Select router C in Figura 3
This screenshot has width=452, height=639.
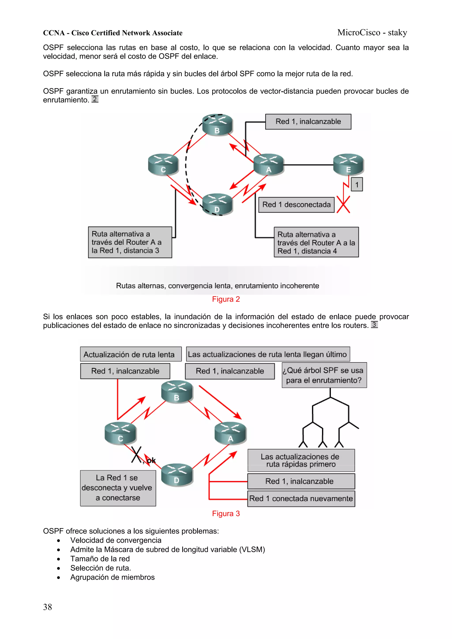pos(120,433)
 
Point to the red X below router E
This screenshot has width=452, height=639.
pos(343,204)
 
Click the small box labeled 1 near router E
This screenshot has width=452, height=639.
pos(357,185)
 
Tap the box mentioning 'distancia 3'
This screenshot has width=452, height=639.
pos(130,242)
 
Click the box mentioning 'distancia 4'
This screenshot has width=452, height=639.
pos(316,242)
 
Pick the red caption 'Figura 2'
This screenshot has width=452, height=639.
pos(226,299)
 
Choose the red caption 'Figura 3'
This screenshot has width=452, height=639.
pos(226,513)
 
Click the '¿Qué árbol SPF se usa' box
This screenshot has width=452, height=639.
pos(324,375)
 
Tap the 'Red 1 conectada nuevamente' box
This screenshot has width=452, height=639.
pos(301,498)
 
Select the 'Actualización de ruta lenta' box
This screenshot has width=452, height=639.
pos(131,354)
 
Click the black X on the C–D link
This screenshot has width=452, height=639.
pos(136,455)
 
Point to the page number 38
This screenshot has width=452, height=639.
pos(48,607)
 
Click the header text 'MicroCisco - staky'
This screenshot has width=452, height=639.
pos(372,33)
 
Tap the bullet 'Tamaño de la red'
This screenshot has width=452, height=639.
pos(100,559)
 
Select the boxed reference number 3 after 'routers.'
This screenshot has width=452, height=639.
pos(374,324)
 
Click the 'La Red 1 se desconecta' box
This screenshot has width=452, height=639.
pos(118,488)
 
